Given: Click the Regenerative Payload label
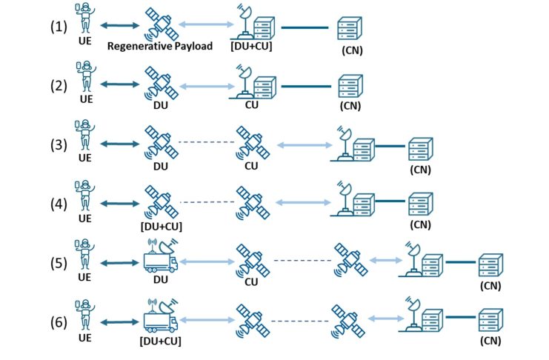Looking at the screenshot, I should click(159, 47).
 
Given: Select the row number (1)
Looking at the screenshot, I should click(59, 26).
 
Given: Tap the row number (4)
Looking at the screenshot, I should click(59, 202).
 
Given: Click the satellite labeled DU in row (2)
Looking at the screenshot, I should click(162, 84).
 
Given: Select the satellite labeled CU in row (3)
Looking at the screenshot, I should click(250, 141).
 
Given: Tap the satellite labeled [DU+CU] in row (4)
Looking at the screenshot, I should click(162, 201).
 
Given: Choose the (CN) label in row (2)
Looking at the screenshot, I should click(350, 106).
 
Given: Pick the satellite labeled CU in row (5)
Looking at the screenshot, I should click(250, 260).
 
